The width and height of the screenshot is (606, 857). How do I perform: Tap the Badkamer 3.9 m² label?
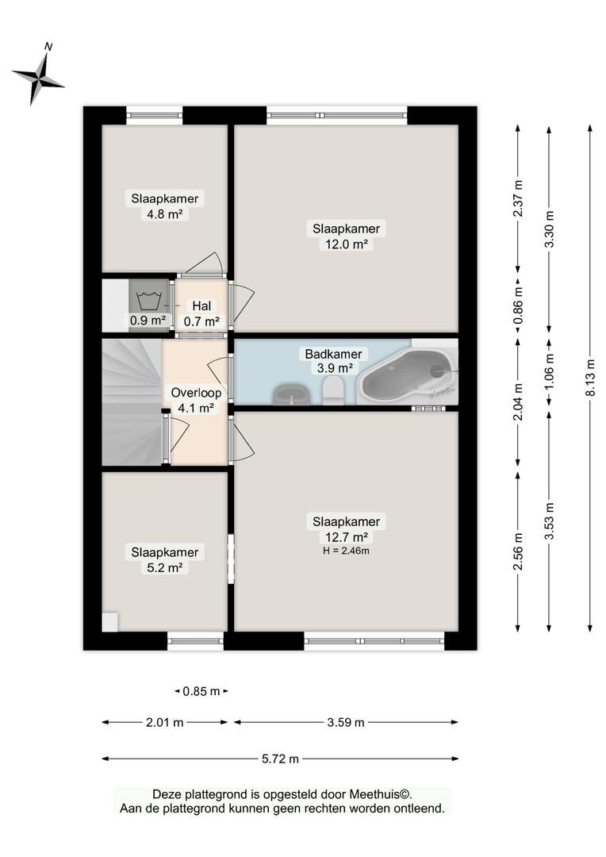point(333,361)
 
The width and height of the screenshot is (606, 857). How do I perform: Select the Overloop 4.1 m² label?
point(196,399)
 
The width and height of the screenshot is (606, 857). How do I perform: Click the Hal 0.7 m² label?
point(201,313)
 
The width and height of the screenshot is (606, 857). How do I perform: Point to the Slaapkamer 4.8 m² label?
point(164,206)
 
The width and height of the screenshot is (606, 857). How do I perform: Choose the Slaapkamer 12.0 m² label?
point(346,236)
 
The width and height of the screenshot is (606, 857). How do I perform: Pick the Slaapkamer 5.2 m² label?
point(164,559)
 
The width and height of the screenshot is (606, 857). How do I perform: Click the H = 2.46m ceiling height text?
point(346,551)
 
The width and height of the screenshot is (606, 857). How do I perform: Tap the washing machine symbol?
point(148,302)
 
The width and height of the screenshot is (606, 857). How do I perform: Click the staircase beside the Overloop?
point(132,402)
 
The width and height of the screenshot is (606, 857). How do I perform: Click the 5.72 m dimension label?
point(280,759)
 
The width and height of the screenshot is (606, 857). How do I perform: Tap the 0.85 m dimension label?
point(201,691)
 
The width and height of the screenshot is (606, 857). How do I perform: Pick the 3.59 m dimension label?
point(346,723)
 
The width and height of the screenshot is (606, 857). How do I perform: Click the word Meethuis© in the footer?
point(380,794)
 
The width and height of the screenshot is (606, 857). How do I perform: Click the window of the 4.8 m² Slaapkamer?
point(155,115)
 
